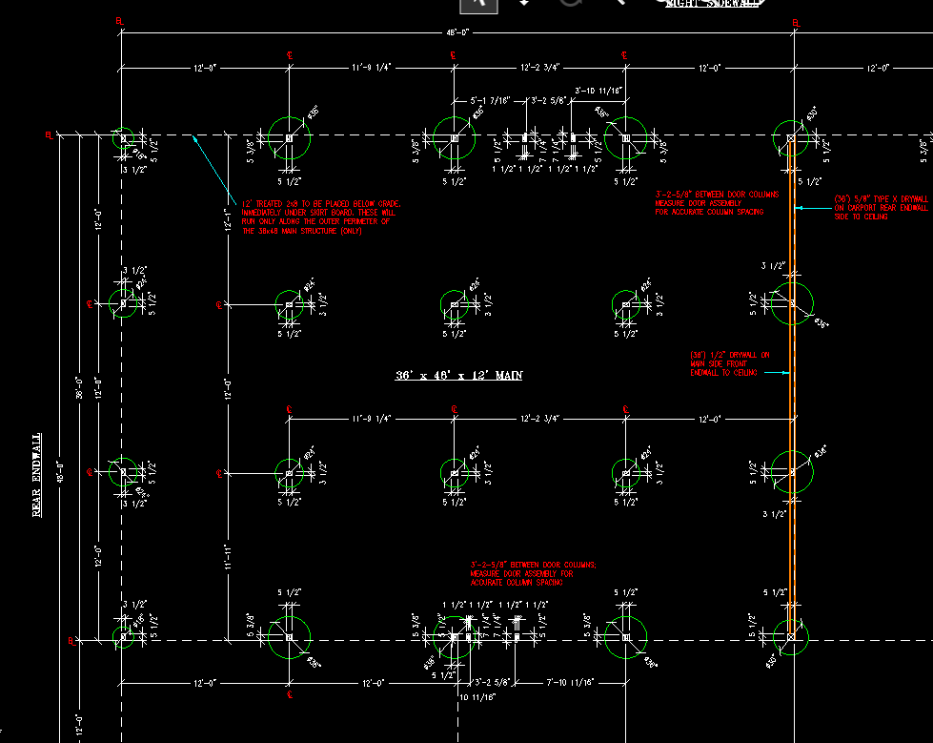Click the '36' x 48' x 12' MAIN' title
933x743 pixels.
point(459,376)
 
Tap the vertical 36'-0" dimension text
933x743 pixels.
point(80,388)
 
